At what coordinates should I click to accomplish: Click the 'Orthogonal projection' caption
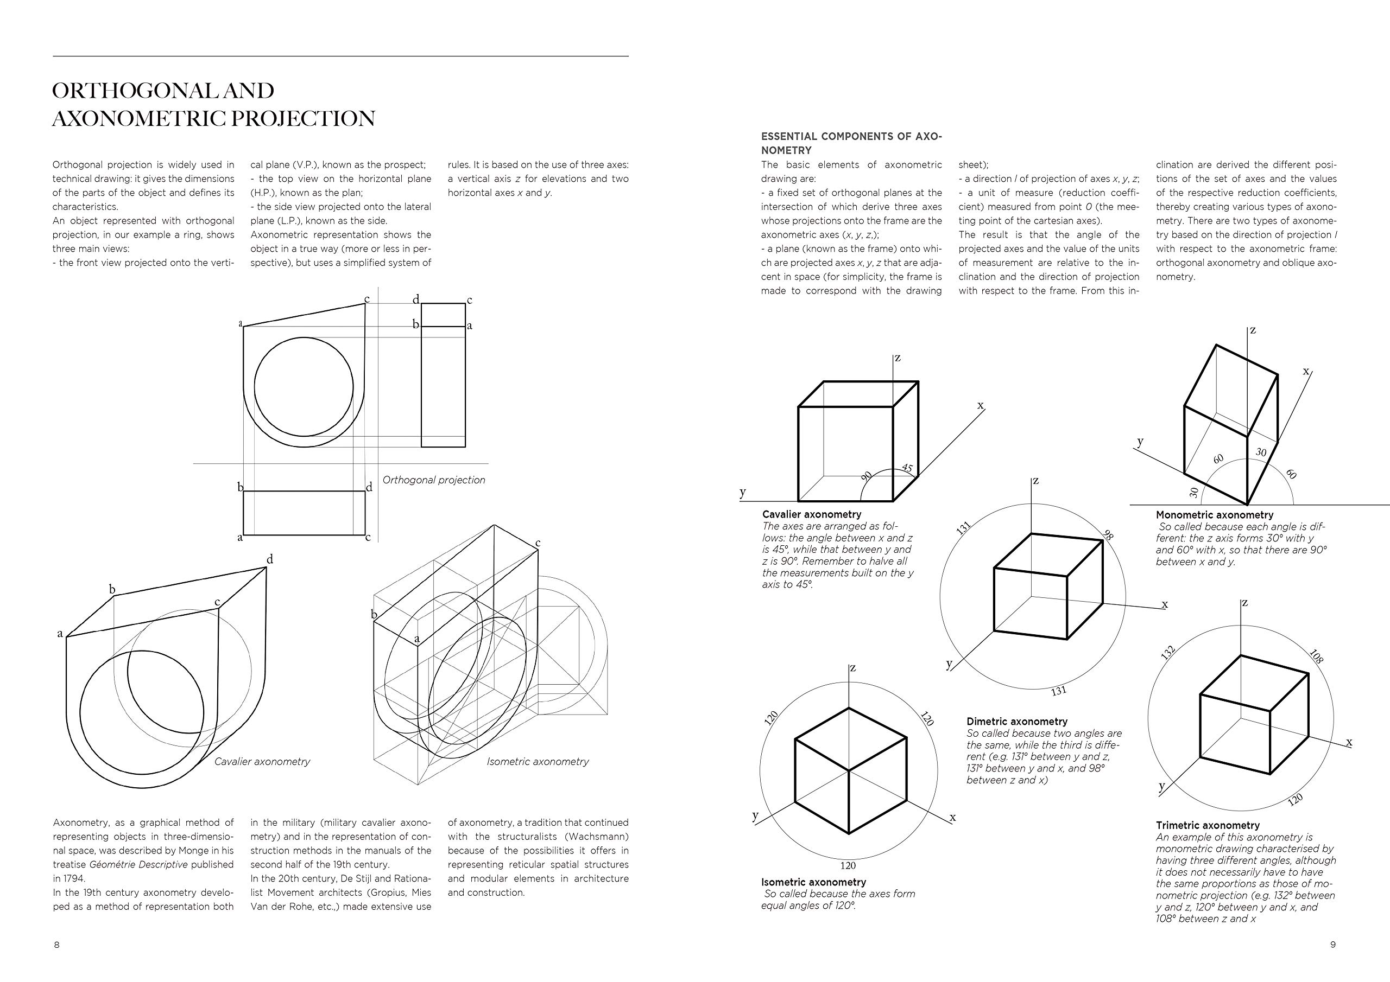tap(433, 480)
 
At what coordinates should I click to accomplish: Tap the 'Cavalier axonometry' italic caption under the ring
tap(262, 762)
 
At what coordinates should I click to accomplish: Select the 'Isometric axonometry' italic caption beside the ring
tap(538, 762)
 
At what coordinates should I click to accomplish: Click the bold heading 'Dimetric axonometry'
tap(1017, 721)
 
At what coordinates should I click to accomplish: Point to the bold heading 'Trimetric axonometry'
tap(1207, 825)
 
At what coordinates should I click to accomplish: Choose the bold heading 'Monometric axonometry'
tap(1215, 515)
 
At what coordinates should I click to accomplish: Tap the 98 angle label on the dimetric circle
tap(1108, 535)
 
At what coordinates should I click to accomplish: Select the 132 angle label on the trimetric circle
tap(1168, 652)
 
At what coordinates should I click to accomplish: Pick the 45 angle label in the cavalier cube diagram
tap(907, 468)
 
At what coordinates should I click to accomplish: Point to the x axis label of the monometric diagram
tap(1306, 371)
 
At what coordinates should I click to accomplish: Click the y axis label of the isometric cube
tap(755, 815)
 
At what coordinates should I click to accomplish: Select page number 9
tap(1332, 945)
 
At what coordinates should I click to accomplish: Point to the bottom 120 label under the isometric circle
tap(848, 866)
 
